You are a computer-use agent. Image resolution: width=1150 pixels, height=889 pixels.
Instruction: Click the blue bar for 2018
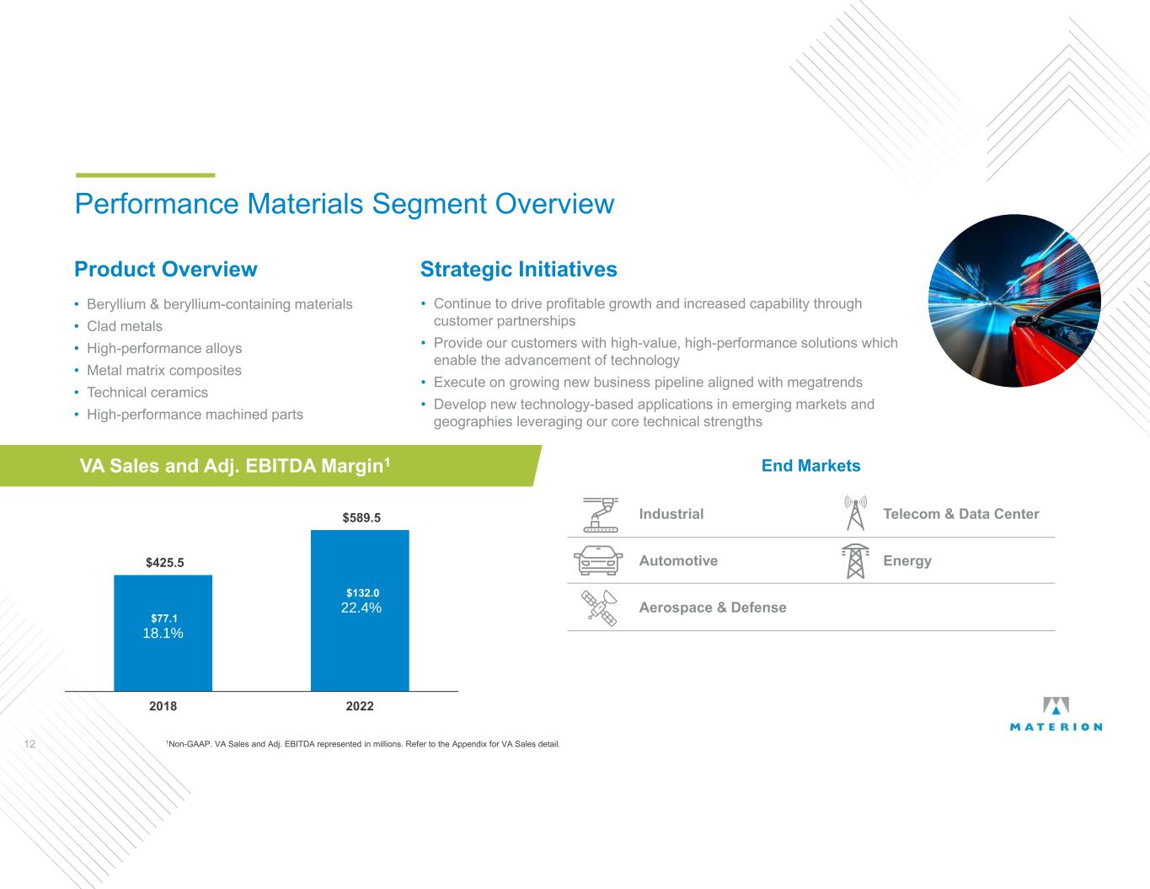(x=163, y=633)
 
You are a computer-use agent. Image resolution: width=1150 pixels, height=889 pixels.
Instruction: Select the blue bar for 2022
(x=360, y=611)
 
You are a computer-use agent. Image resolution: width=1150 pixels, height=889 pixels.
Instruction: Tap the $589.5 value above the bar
(x=361, y=517)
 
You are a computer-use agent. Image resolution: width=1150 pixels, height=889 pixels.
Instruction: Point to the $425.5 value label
(x=165, y=563)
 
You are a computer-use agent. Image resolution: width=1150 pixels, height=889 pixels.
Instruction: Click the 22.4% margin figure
(x=361, y=608)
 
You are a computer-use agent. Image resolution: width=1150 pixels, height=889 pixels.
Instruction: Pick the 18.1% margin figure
(x=163, y=633)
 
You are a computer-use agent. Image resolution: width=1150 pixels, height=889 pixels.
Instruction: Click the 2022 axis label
(x=360, y=706)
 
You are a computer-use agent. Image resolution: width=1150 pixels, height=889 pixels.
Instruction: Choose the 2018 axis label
(x=163, y=706)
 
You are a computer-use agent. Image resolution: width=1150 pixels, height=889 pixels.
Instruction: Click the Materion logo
(x=1056, y=714)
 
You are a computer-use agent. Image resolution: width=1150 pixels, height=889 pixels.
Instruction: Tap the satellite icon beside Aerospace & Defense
(x=599, y=608)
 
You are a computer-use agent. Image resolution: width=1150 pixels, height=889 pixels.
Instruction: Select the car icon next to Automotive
(x=598, y=560)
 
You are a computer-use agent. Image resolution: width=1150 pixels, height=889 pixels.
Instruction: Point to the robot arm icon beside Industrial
(x=601, y=514)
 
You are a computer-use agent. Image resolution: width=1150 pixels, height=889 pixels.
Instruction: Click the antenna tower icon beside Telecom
(x=855, y=513)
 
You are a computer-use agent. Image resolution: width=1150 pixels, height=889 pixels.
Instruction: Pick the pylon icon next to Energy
(x=855, y=561)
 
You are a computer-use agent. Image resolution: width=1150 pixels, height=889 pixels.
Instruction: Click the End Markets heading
(x=810, y=466)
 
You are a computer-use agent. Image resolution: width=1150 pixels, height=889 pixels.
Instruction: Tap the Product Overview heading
(x=166, y=270)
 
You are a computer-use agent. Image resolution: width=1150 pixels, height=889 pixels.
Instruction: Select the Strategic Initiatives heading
(x=519, y=270)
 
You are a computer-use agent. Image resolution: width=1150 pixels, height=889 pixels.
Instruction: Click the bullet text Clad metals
(x=125, y=326)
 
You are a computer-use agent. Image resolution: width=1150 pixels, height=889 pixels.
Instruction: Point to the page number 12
(x=29, y=744)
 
